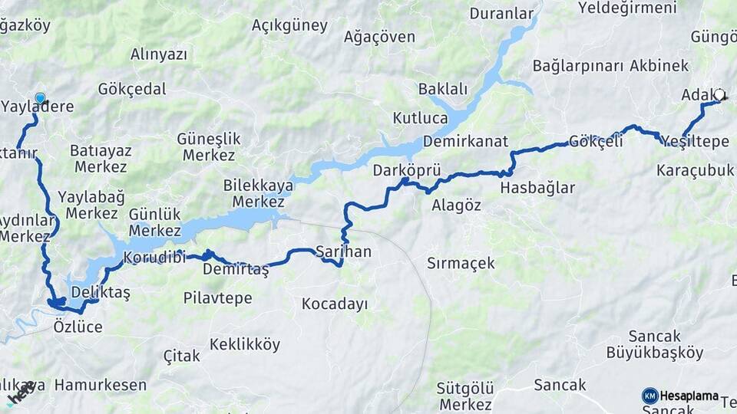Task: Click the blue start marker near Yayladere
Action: coord(40,98)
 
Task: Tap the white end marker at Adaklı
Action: coord(719,95)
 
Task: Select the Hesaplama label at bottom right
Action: coord(689,396)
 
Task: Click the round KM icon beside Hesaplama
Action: coord(649,396)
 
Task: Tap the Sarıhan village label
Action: coord(343,251)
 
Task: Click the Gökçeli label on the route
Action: coord(596,141)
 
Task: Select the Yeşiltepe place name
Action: coord(695,141)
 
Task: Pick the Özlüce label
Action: coord(78,327)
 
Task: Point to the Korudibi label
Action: coord(154,257)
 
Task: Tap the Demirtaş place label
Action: coord(236,269)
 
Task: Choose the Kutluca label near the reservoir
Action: coord(420,118)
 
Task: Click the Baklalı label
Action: coord(442,89)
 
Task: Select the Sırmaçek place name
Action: coord(461,263)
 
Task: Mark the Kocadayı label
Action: coord(335,304)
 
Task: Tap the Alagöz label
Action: coord(456,205)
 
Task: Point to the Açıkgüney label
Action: coord(289,25)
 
